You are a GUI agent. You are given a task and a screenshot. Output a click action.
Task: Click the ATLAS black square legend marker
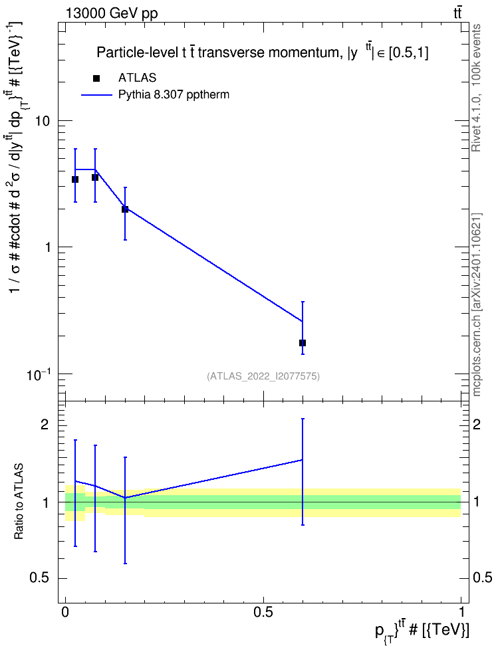click(96, 78)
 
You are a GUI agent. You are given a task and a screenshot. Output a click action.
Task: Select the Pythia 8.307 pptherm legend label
click(174, 95)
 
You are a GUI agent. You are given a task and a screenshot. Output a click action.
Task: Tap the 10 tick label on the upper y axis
click(43, 121)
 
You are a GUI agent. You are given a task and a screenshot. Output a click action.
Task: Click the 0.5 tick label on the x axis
click(263, 612)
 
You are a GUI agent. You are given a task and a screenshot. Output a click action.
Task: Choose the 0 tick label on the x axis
click(65, 612)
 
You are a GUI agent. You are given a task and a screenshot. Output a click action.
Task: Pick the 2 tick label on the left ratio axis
click(44, 425)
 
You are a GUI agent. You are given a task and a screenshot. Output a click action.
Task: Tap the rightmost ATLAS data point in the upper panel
click(303, 343)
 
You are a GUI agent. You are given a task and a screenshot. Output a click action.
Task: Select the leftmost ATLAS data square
click(75, 179)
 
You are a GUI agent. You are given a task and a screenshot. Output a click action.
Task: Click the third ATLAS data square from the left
click(125, 209)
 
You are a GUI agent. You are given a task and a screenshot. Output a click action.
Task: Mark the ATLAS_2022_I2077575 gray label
click(263, 376)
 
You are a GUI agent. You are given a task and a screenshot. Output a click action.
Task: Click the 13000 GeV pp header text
click(111, 13)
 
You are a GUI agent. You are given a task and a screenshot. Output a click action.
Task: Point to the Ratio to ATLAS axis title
click(19, 502)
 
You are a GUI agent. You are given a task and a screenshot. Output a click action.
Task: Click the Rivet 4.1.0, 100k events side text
click(476, 88)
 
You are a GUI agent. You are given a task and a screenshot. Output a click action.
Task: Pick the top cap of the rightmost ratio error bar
click(303, 419)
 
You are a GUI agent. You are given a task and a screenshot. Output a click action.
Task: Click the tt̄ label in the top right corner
click(457, 13)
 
